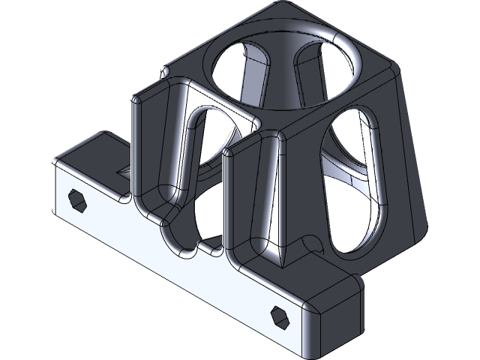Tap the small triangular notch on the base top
pyautogui.click(x=124, y=173)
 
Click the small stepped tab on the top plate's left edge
pyautogui.click(x=163, y=73)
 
